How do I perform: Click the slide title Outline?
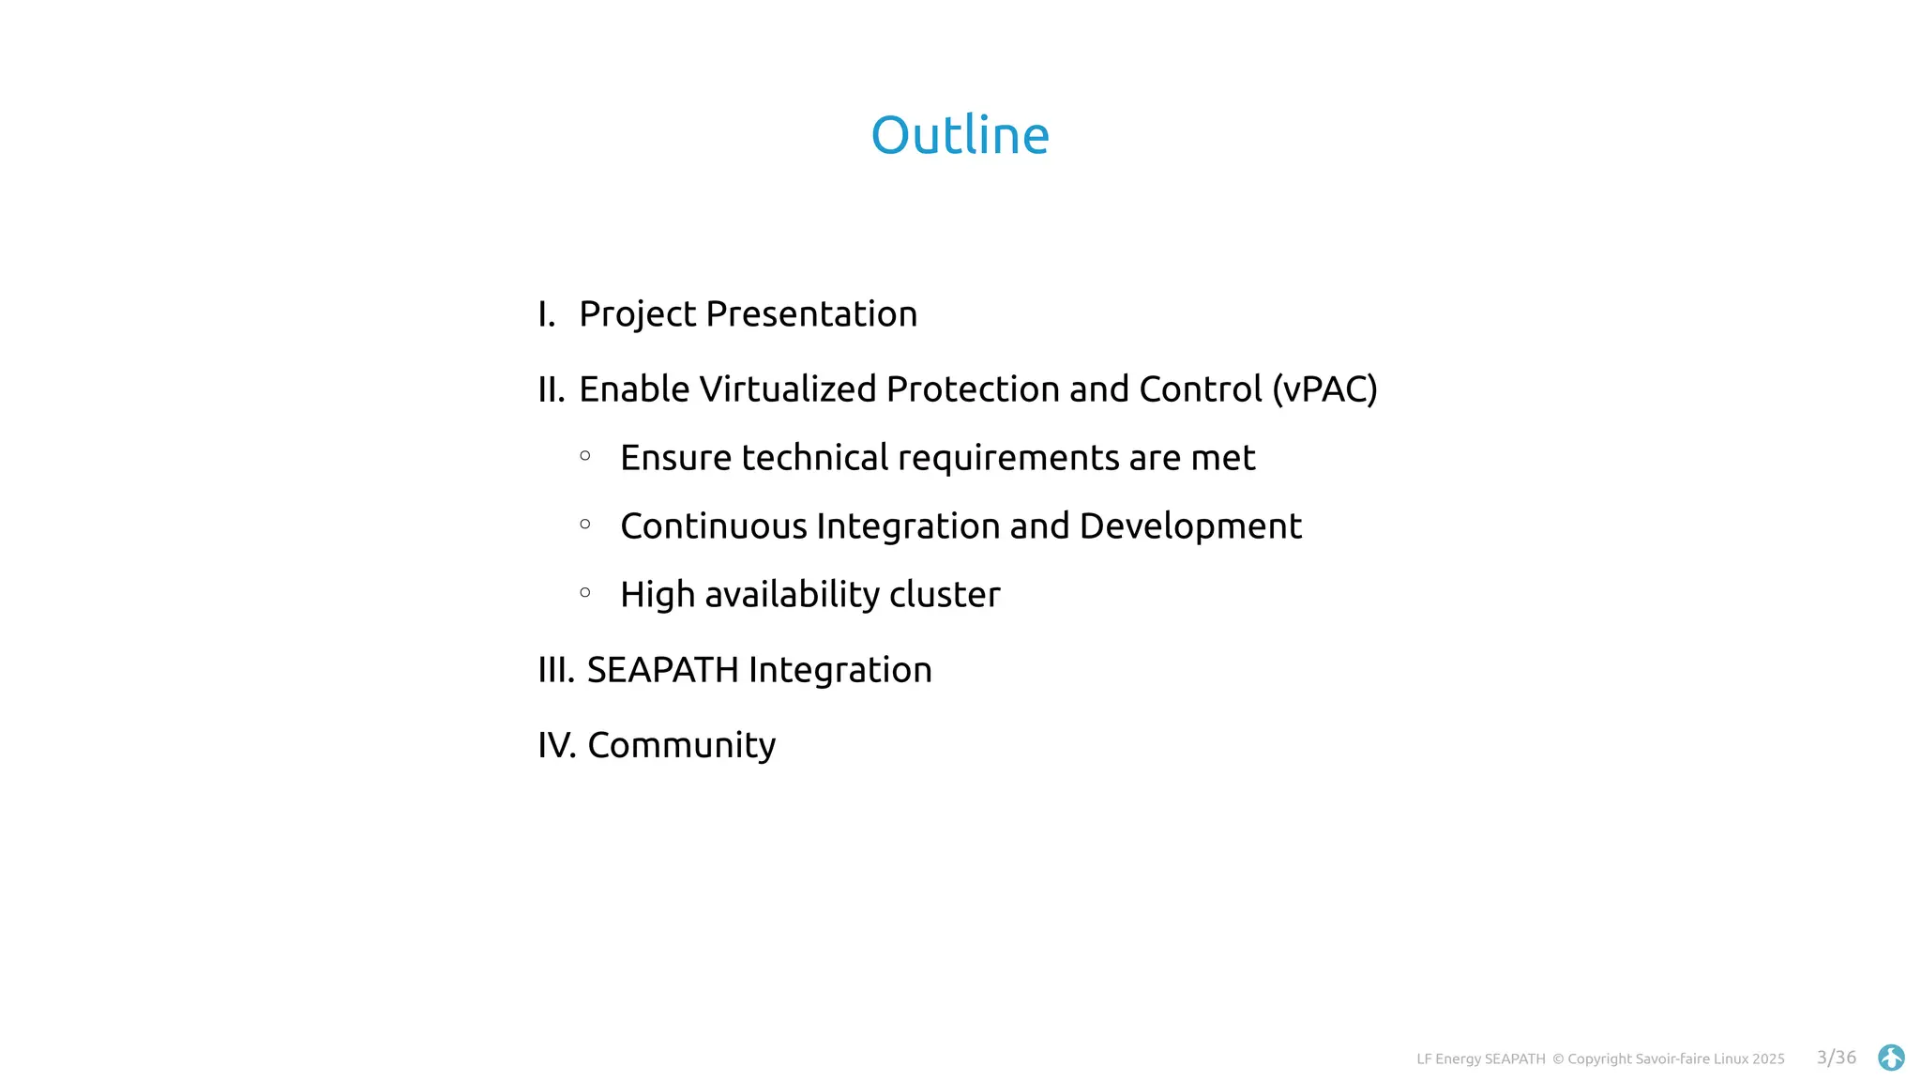(x=960, y=135)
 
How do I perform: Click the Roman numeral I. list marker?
(x=546, y=314)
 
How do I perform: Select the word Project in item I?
(x=637, y=314)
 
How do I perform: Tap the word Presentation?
(x=811, y=314)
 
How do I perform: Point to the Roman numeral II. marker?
(x=551, y=389)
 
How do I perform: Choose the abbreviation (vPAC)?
(x=1324, y=389)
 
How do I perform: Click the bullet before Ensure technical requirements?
(x=585, y=456)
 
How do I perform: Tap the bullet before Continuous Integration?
(x=585, y=525)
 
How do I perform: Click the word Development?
(x=1190, y=526)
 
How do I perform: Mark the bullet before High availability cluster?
(x=585, y=592)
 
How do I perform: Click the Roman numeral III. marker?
(x=555, y=670)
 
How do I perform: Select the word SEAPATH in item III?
(x=662, y=670)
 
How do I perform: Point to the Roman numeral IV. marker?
(x=556, y=745)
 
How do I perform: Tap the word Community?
(x=681, y=746)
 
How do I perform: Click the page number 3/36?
(x=1836, y=1058)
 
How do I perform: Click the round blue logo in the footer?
(x=1891, y=1058)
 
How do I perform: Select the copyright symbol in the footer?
(x=1558, y=1059)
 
